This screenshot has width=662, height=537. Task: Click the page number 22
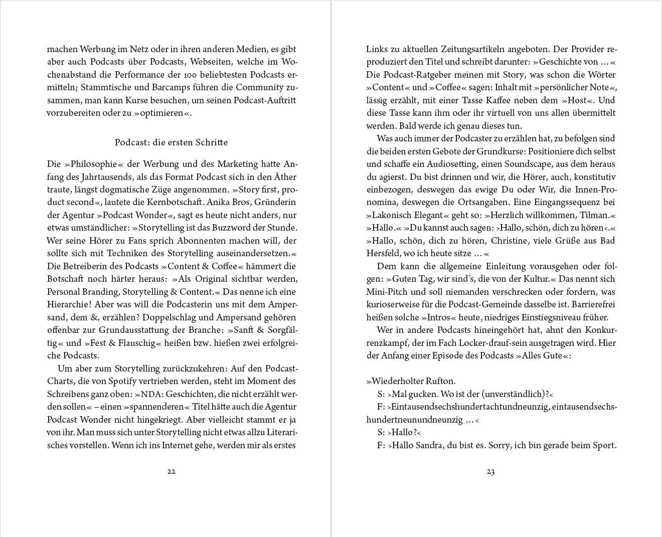tap(171, 471)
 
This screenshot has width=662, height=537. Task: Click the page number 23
tap(490, 471)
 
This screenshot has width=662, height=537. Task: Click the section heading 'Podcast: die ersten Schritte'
tap(171, 142)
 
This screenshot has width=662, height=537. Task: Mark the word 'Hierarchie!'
tap(70, 304)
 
